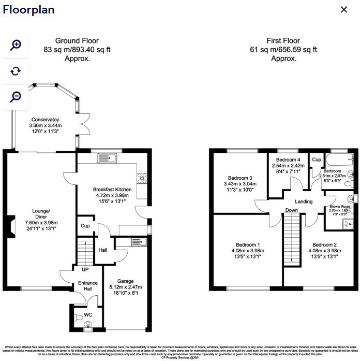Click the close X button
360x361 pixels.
pyautogui.click(x=343, y=9)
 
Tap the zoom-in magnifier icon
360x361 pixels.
pyautogui.click(x=16, y=45)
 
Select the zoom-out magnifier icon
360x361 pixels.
pyautogui.click(x=16, y=96)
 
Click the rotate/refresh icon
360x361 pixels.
pyautogui.click(x=16, y=71)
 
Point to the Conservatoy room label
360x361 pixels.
pyautogui.click(x=44, y=120)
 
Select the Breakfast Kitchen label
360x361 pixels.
pyautogui.click(x=112, y=190)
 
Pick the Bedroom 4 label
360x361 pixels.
pyautogui.click(x=288, y=160)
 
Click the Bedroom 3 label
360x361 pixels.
pyautogui.click(x=239, y=178)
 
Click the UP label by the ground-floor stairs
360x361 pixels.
pyautogui.click(x=84, y=269)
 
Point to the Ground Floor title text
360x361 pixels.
pyautogui.click(x=78, y=41)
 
